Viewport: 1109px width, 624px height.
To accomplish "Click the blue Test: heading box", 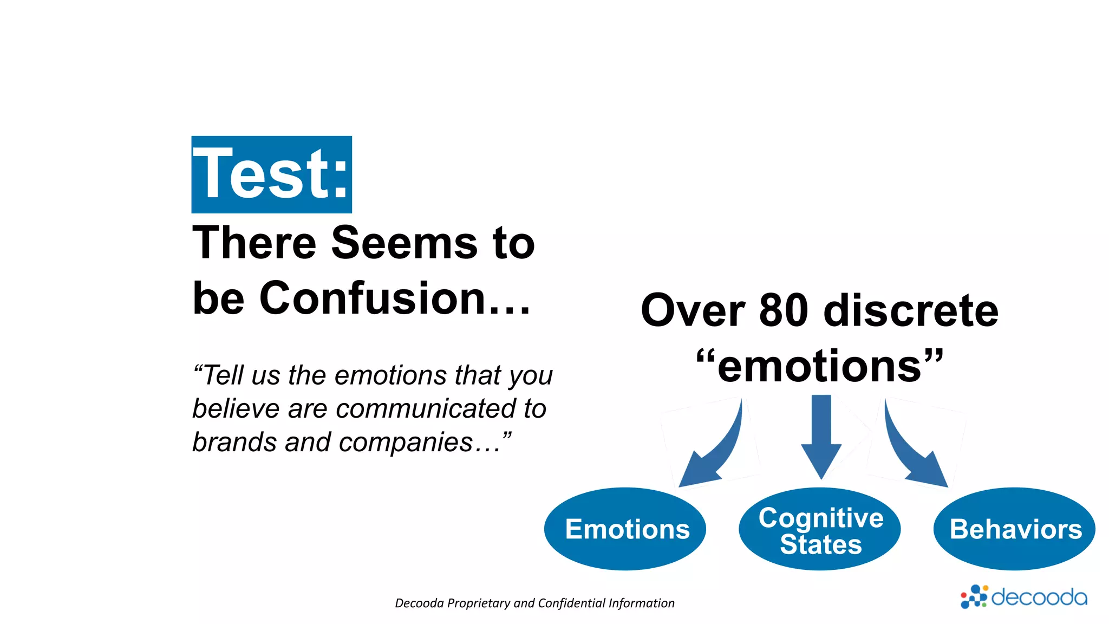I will pos(271,174).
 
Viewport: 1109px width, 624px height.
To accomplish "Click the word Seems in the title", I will pos(404,243).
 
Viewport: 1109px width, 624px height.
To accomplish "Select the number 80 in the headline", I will pos(784,310).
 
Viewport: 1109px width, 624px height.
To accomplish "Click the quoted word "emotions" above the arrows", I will pos(820,366).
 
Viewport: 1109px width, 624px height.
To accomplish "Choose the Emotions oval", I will pos(625,529).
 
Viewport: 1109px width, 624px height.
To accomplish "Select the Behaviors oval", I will pos(1014,529).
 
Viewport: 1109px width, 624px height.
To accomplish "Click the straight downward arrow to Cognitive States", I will pos(821,433).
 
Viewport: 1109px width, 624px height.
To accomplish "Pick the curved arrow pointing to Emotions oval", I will pos(715,450).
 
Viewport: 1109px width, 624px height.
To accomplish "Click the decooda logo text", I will pos(1039,597).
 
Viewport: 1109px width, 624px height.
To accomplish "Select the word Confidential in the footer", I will pos(572,603).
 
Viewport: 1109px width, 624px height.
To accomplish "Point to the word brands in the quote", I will pos(235,442).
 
